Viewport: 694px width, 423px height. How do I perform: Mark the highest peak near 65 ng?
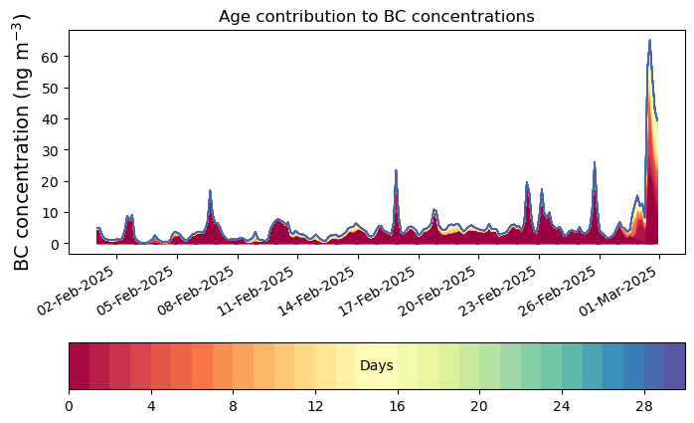(x=649, y=41)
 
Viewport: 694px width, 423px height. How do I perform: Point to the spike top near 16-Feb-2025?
(x=396, y=170)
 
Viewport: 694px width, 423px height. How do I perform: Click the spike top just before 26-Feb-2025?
(x=595, y=162)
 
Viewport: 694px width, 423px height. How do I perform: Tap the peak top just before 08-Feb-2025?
(x=210, y=190)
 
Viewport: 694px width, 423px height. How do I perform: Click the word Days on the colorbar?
(x=377, y=366)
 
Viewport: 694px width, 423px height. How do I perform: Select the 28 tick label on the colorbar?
(x=644, y=406)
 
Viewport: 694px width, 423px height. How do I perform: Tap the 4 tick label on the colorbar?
(x=151, y=406)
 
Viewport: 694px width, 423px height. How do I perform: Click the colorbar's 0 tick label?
(x=69, y=406)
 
